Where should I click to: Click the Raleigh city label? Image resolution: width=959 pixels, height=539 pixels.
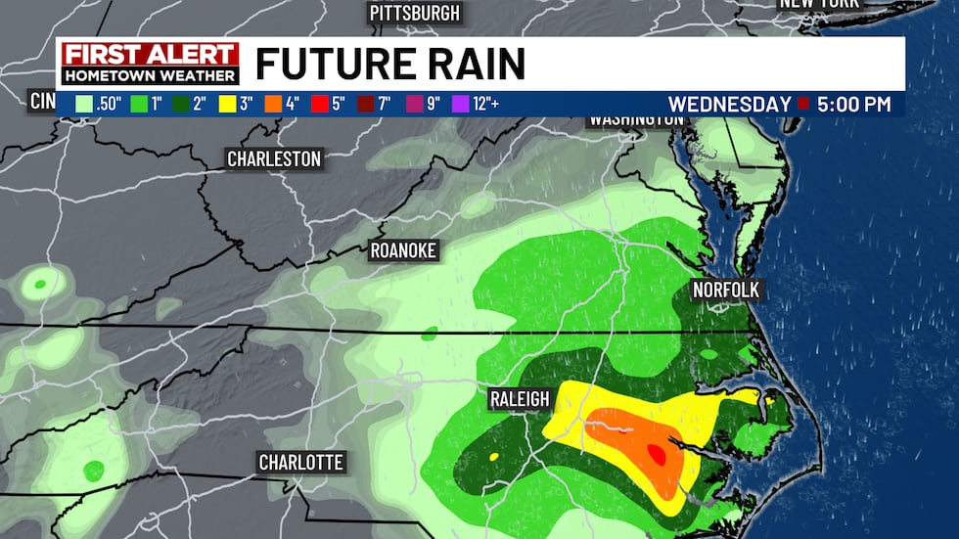tap(520, 398)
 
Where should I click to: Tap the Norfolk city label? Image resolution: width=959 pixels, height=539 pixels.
tap(725, 290)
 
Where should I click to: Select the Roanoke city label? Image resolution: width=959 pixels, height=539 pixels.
tap(403, 250)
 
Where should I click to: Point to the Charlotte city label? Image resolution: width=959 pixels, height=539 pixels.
tap(301, 462)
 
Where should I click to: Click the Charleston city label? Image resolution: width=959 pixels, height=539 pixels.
tap(274, 158)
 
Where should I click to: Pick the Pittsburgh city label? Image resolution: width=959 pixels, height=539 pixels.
tap(414, 13)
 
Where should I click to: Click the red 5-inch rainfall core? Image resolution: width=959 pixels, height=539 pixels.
tap(657, 455)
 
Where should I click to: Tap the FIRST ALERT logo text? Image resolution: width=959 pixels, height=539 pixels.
tap(150, 55)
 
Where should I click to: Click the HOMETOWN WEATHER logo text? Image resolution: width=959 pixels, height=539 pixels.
tap(150, 75)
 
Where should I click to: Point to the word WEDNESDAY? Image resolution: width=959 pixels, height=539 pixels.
tap(730, 104)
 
